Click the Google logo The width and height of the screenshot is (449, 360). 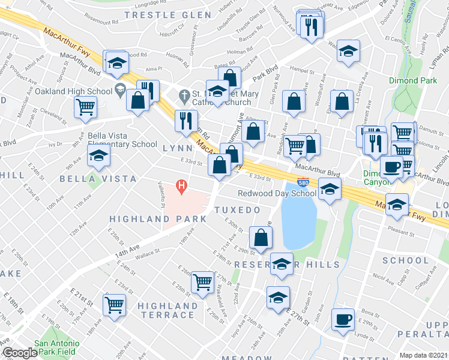tap(19, 353)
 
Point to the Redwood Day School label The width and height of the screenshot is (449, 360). tap(277, 193)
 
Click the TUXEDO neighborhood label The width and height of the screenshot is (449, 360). tap(238, 210)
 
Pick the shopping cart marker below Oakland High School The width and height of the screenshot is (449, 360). tap(86, 107)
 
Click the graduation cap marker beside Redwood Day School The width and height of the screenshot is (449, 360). tap(329, 189)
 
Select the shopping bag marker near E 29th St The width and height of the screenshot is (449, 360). tap(261, 238)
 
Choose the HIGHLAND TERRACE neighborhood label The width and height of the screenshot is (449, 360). tap(167, 310)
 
